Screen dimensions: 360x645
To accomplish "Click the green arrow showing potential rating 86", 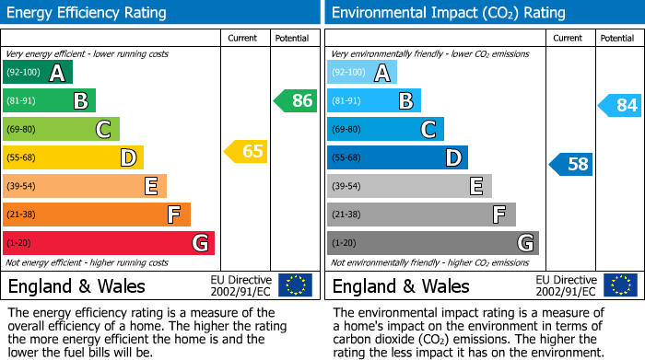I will click(296, 101).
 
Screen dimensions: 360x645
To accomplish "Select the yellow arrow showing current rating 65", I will click(246, 151).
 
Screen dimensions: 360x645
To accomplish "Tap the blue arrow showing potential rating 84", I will click(620, 105).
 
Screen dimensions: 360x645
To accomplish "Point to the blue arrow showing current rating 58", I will click(571, 165).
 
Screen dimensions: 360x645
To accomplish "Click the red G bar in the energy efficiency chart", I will click(109, 243).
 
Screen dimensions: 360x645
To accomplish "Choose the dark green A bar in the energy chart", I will click(38, 73).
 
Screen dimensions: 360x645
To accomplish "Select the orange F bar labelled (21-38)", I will click(97, 215).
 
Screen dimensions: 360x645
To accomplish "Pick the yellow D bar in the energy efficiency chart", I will click(73, 157).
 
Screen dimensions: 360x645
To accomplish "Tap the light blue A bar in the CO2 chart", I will click(362, 73).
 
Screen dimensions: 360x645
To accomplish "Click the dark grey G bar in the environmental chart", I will click(432, 243).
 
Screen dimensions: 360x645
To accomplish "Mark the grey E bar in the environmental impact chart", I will click(409, 186).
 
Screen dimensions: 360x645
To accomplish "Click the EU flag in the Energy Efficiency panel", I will click(295, 285).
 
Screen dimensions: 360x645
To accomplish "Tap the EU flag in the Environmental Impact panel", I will click(619, 285).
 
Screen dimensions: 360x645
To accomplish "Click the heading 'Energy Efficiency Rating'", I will click(88, 13).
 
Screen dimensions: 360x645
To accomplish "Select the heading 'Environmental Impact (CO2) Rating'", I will click(448, 13).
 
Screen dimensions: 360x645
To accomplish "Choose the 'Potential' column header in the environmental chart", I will click(617, 38).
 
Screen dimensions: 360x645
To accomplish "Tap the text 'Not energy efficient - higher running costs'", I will click(88, 262).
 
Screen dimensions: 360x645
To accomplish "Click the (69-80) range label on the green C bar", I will click(23, 130).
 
